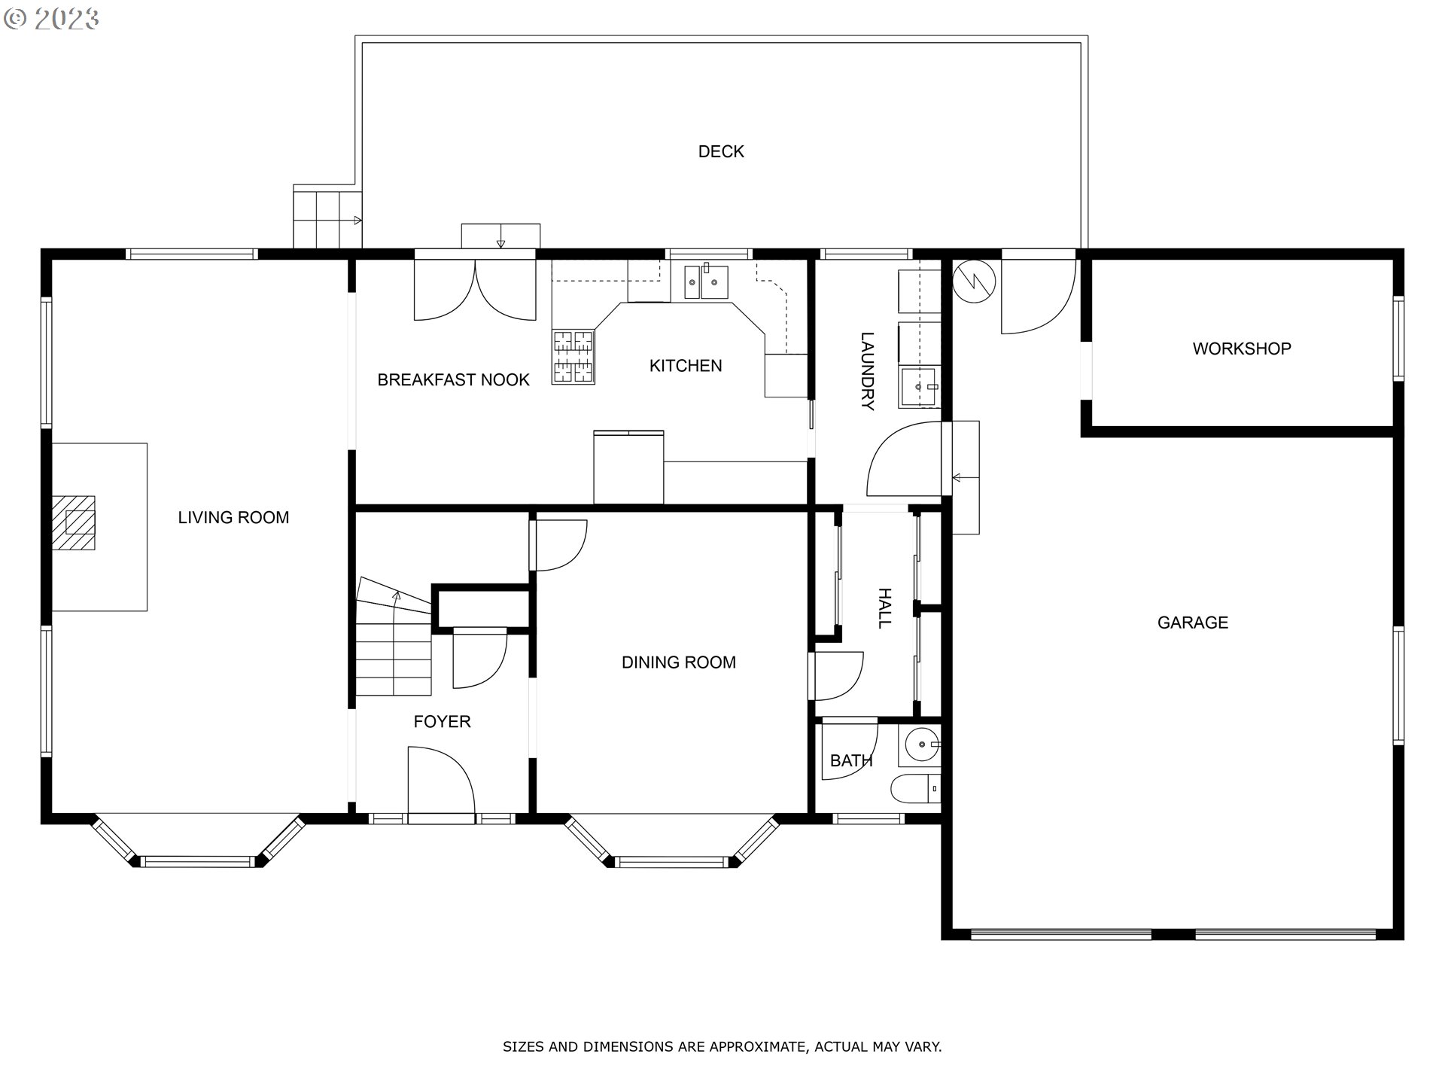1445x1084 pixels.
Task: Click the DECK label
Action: coord(721,151)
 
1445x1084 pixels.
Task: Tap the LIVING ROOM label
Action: coord(233,517)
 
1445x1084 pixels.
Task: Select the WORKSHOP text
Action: coord(1242,349)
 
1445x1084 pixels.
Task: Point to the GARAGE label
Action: coord(1193,623)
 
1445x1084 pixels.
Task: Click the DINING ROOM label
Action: coord(678,662)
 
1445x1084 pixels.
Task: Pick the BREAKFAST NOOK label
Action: coord(453,380)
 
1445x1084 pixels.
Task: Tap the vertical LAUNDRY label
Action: coord(868,371)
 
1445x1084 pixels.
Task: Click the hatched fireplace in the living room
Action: coord(75,522)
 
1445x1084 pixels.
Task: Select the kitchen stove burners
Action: coord(573,358)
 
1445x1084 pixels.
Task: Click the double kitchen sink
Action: coord(706,282)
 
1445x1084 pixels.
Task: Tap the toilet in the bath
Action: coord(915,789)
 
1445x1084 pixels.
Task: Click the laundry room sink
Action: coord(919,387)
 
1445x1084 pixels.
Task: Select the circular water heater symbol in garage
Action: coord(974,281)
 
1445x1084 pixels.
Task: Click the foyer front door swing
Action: coord(441,780)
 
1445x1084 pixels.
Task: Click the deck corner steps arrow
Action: coord(357,221)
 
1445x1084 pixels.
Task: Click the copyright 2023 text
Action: coord(51,19)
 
